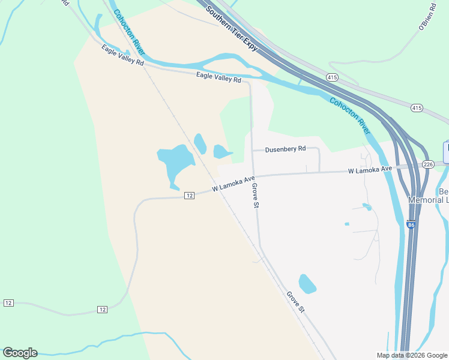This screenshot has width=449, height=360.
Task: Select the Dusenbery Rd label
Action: point(285,148)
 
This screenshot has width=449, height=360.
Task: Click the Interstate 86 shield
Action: point(411,224)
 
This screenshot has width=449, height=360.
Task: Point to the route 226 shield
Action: point(428,164)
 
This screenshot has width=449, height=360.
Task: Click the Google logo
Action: point(20,353)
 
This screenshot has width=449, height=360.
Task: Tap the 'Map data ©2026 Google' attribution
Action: point(412,355)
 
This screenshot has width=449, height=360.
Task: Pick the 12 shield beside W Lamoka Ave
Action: point(189,196)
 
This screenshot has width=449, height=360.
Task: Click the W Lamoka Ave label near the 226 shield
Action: point(370,170)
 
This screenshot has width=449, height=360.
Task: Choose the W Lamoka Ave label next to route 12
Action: point(234,183)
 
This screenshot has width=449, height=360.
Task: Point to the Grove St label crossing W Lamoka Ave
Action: point(255,196)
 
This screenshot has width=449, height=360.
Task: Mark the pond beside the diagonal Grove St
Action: point(307,283)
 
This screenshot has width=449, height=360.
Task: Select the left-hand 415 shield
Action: point(332,77)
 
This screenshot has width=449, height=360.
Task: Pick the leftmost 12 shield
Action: point(8,303)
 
